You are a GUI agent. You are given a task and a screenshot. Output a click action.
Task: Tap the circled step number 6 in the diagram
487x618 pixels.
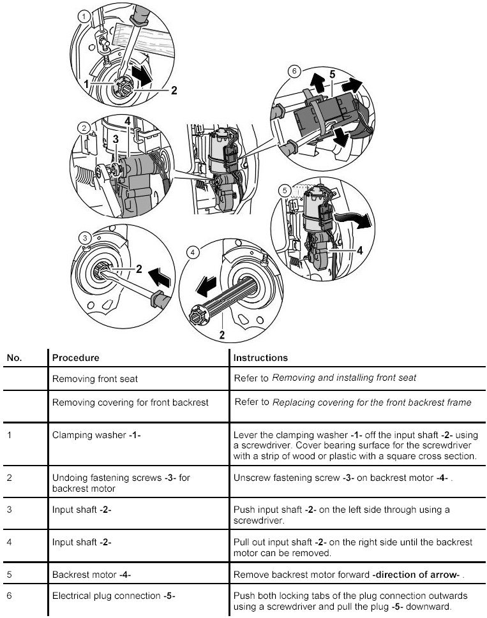click(x=294, y=71)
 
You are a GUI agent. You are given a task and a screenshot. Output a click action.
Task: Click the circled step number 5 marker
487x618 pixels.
click(x=285, y=189)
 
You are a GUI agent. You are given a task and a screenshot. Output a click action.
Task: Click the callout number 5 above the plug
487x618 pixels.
click(x=331, y=75)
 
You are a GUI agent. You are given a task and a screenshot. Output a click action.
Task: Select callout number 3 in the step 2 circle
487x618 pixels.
click(x=116, y=138)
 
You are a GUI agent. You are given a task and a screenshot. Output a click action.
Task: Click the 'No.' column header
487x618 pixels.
click(x=15, y=358)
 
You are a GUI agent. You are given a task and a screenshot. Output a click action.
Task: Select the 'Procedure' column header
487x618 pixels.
click(x=75, y=358)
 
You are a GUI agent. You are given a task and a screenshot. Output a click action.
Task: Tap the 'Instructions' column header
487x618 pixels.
click(x=260, y=358)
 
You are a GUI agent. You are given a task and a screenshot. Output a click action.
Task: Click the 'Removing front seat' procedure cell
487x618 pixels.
click(x=94, y=378)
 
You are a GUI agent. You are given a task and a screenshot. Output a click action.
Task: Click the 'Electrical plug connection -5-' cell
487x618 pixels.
click(x=114, y=596)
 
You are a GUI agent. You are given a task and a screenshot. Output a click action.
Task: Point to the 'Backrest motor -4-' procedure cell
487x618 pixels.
click(x=91, y=575)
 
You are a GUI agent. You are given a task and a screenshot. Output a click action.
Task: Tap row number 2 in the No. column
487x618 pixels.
click(x=10, y=476)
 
